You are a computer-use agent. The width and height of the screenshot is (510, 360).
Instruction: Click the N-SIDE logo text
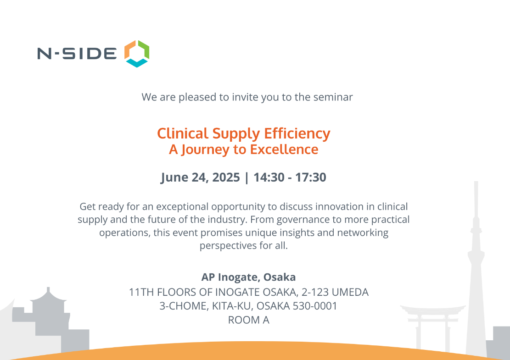[77, 54]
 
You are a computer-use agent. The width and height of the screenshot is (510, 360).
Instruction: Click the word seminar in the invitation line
[333, 97]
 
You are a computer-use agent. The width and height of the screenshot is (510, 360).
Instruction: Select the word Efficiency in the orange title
[297, 133]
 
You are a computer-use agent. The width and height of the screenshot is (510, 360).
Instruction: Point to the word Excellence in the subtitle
[284, 149]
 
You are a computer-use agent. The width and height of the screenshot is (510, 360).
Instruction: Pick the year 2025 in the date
[226, 177]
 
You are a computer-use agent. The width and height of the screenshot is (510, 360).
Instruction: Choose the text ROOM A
[248, 320]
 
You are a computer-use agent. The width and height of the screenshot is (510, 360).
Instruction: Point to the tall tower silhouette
[476, 266]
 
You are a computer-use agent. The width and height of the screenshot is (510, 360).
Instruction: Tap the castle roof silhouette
[48, 296]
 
